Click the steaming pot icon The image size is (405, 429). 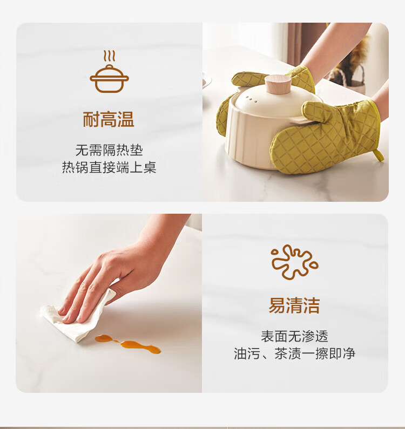coord(109,71)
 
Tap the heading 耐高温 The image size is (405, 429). coord(109,119)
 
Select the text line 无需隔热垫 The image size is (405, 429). coord(109,150)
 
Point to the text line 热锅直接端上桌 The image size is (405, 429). coord(109,167)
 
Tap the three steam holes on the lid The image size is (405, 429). coord(252,99)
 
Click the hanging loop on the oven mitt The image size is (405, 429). coord(379,155)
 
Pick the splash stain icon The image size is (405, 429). coord(295,262)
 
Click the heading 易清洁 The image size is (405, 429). coord(294,305)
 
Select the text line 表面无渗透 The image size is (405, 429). coord(294,336)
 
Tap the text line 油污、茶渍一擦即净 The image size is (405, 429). coord(294,353)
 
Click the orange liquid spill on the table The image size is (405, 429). coord(128,344)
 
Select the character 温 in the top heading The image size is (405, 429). coord(126,119)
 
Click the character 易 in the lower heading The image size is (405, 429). coord(277,305)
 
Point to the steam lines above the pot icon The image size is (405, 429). coord(109,56)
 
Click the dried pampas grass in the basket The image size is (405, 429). coord(353,55)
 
